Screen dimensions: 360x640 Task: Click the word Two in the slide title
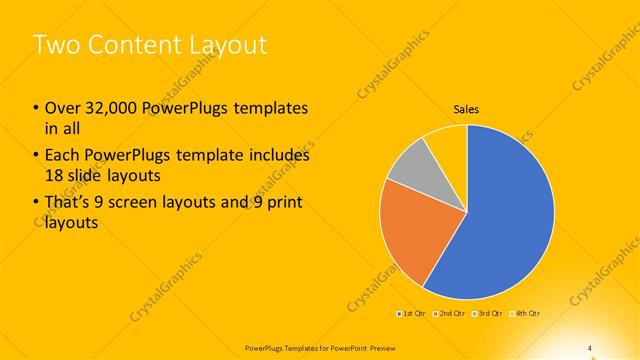click(54, 45)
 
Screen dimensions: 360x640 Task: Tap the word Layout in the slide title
click(229, 45)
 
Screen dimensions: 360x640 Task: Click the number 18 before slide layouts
click(54, 174)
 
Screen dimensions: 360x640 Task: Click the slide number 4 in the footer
click(590, 347)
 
